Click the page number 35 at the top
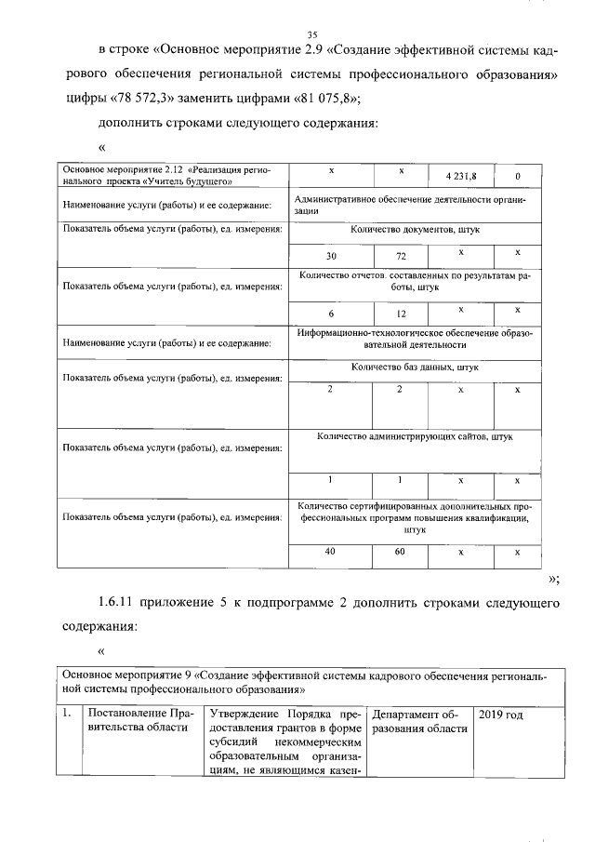point(298,34)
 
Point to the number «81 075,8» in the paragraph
point(324,100)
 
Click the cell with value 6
point(331,314)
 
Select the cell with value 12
point(400,314)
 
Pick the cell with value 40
point(331,552)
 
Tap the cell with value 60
point(400,552)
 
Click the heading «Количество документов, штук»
point(415,229)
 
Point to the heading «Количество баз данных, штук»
point(415,368)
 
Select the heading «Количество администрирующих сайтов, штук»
point(415,434)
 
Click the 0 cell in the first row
point(518,176)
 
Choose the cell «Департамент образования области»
point(420,721)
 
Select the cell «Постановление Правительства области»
point(139,721)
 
